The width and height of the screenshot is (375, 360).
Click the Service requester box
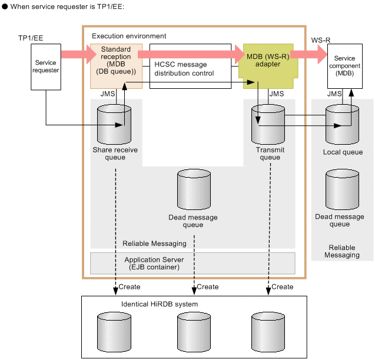pyautogui.click(x=46, y=67)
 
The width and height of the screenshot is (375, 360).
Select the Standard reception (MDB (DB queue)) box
pyautogui.click(x=116, y=66)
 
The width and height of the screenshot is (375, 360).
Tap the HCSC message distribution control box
pyautogui.click(x=190, y=66)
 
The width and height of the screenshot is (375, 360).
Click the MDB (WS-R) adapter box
pyautogui.click(x=268, y=66)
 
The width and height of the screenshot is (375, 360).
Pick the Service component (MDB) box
pyautogui.click(x=345, y=66)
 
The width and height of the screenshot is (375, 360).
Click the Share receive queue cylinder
pyautogui.click(x=114, y=124)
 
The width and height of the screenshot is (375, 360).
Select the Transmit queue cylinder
pyautogui.click(x=268, y=124)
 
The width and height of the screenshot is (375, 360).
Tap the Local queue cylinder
pyautogui.click(x=342, y=124)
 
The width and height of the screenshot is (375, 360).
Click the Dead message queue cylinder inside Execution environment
pyautogui.click(x=194, y=189)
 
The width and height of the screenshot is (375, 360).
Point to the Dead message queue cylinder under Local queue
pyautogui.click(x=342, y=189)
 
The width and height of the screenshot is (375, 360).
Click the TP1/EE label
pyautogui.click(x=31, y=38)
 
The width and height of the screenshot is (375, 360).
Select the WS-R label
pyautogui.click(x=321, y=40)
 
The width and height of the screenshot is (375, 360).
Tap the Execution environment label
pyautogui.click(x=129, y=36)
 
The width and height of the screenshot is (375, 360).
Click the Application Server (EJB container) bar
pyautogui.click(x=193, y=263)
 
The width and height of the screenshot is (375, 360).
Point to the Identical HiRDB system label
pyautogui.click(x=160, y=304)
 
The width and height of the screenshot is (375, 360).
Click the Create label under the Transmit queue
pyautogui.click(x=283, y=286)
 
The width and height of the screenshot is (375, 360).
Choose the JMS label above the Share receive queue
pyautogui.click(x=108, y=94)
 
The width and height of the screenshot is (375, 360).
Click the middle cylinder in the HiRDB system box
pyautogui.click(x=194, y=332)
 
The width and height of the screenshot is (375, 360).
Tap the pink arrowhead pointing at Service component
pyautogui.click(x=323, y=55)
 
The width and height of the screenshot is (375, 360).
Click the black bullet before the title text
pyautogui.click(x=5, y=6)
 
